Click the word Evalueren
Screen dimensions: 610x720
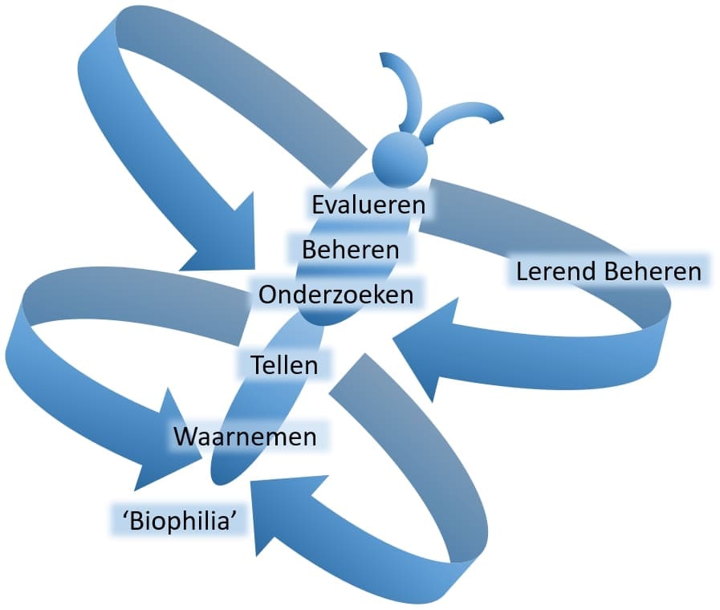click(x=368, y=204)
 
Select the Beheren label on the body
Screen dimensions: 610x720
click(x=350, y=249)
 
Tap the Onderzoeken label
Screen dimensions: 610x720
click(x=336, y=294)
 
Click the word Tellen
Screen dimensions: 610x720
click(x=284, y=364)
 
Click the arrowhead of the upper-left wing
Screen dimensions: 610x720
click(x=221, y=241)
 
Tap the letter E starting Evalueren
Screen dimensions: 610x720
click(x=319, y=204)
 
